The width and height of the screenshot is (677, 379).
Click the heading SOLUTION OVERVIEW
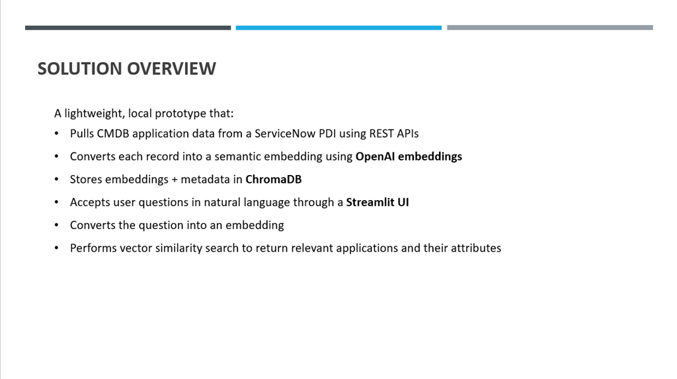[x=126, y=69]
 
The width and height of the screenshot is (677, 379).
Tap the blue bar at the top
[x=338, y=28]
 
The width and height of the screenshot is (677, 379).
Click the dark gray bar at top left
[x=128, y=28]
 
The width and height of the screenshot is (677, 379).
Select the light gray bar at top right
[x=549, y=28]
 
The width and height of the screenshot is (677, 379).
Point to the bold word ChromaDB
[x=273, y=180]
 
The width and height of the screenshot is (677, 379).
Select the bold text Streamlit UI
[x=378, y=202]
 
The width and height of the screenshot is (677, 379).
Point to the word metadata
[x=210, y=180]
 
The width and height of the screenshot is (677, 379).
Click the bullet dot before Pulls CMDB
[x=57, y=134]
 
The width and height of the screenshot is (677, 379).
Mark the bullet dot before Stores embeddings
[x=57, y=180]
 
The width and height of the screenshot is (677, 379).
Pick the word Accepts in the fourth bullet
[x=90, y=202]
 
